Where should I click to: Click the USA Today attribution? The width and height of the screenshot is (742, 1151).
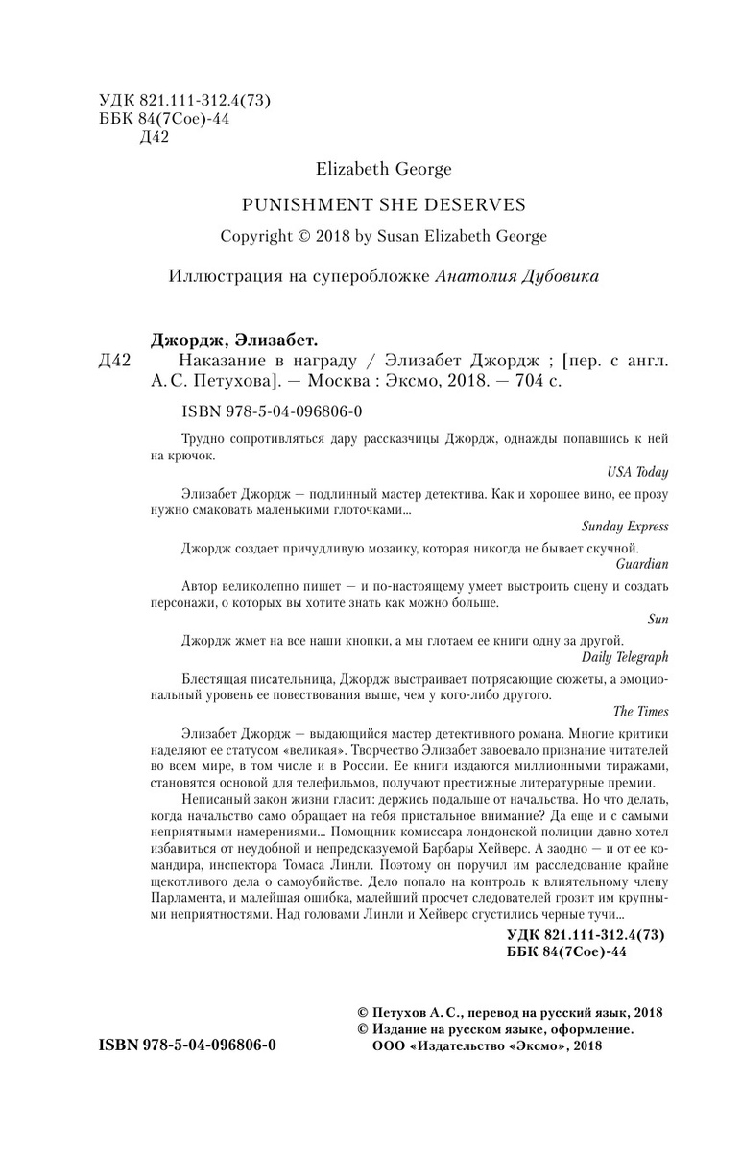638,472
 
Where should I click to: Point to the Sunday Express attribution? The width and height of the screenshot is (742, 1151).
625,527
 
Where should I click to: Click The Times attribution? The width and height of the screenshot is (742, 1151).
640,711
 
